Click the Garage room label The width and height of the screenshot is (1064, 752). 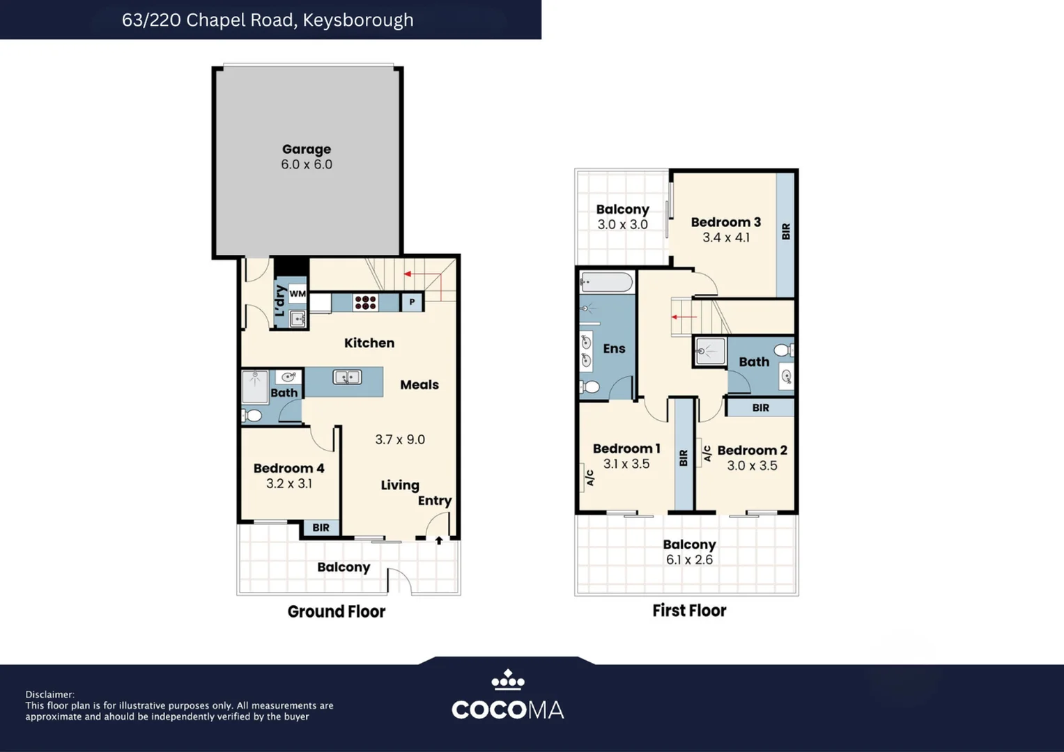307,149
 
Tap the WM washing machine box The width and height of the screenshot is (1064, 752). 298,293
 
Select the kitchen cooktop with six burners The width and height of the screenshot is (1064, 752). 365,302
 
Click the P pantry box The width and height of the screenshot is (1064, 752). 412,302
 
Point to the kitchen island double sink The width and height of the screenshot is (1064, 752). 347,377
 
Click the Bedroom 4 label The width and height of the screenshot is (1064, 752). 288,468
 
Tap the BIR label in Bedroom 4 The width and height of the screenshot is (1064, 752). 321,528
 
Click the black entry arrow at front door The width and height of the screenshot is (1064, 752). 439,540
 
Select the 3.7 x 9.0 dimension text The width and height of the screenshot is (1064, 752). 400,439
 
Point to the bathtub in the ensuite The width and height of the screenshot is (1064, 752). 607,283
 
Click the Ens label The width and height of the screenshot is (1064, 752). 614,349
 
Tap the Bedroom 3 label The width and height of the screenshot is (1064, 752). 726,222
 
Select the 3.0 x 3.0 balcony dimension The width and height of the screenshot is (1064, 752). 622,224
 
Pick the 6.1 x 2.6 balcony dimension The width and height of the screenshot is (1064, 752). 689,560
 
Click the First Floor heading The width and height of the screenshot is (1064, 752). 689,611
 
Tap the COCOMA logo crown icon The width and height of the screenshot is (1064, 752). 508,680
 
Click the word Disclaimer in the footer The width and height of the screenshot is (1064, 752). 49,695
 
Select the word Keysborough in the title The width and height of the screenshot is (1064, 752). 358,20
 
